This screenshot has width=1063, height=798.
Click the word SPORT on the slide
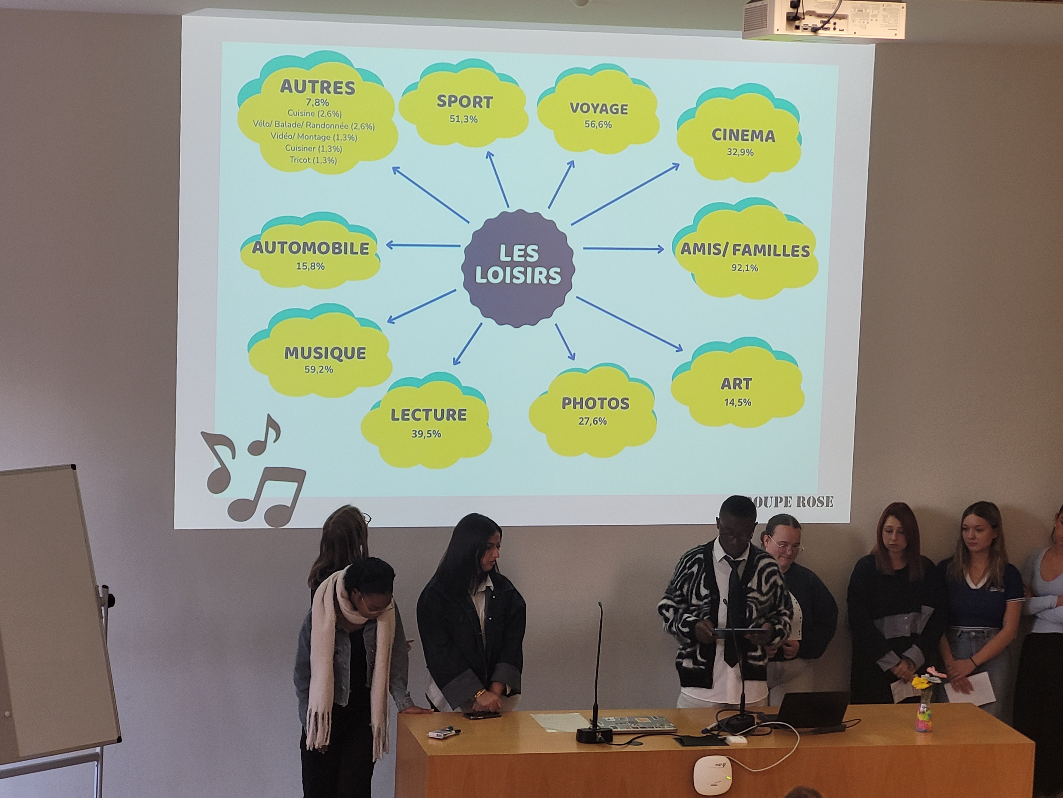pyautogui.click(x=464, y=102)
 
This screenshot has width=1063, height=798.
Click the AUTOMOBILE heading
pyautogui.click(x=311, y=248)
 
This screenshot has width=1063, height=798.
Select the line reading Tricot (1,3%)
pyautogui.click(x=313, y=160)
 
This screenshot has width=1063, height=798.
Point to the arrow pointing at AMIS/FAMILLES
pyautogui.click(x=623, y=249)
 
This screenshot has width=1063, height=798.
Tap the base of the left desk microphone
pyautogui.click(x=595, y=734)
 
